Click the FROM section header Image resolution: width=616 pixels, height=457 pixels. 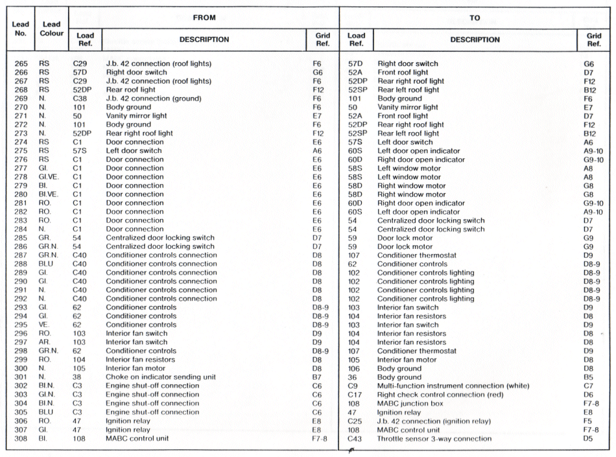pyautogui.click(x=204, y=18)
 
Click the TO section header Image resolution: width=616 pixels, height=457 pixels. pyautogui.click(x=475, y=18)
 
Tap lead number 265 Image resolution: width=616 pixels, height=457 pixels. pyautogui.click(x=21, y=64)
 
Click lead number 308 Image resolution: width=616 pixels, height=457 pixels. pyautogui.click(x=21, y=438)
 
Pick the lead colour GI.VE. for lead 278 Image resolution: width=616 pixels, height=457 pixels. pyautogui.click(x=49, y=177)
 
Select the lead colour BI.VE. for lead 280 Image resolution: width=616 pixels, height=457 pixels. pyautogui.click(x=49, y=194)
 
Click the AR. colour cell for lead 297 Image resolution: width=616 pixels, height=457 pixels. pyautogui.click(x=45, y=342)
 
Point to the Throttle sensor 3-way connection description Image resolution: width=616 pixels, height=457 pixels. pyautogui.click(x=434, y=438)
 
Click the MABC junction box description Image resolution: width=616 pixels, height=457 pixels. pyautogui.click(x=409, y=403)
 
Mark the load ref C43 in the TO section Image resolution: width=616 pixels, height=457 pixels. pyautogui.click(x=355, y=438)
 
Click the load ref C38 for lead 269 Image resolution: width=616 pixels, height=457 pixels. pyautogui.click(x=80, y=99)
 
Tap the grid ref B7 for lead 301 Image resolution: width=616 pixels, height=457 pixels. pyautogui.click(x=317, y=377)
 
